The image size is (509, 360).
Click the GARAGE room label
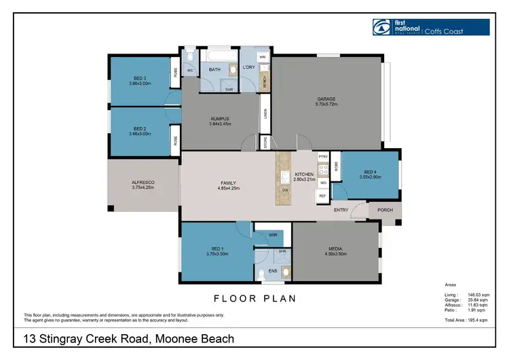click(x=326, y=99)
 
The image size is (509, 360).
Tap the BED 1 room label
click(x=216, y=251)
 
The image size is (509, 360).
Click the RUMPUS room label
click(x=221, y=119)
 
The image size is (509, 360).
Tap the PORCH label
click(x=385, y=211)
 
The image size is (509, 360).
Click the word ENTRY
click(x=341, y=211)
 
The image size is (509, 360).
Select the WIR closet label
click(x=272, y=236)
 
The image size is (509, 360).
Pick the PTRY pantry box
click(x=323, y=156)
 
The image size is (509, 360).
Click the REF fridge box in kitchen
click(x=323, y=196)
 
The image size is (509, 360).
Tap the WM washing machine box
click(x=262, y=56)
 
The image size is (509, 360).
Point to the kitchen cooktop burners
click(x=323, y=169)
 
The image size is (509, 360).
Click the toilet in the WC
click(x=189, y=53)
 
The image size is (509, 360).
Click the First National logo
click(x=382, y=26)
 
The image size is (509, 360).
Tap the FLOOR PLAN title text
click(x=254, y=298)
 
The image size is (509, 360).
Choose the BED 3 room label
click(x=140, y=82)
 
